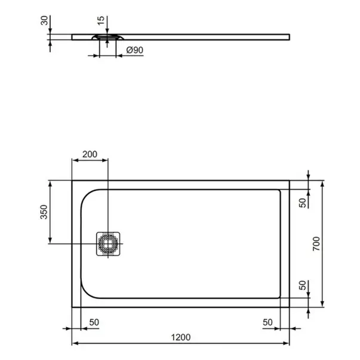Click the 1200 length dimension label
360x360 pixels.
click(181, 337)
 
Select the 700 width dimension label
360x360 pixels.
click(316, 244)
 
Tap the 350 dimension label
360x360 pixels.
click(44, 212)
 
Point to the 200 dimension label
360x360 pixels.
click(90, 154)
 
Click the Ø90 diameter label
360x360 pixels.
click(135, 50)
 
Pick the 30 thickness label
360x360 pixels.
click(44, 20)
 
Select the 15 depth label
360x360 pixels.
click(101, 21)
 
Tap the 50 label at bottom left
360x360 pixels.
click(94, 322)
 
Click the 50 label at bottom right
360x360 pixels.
click(267, 322)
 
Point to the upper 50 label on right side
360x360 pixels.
click(303, 203)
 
